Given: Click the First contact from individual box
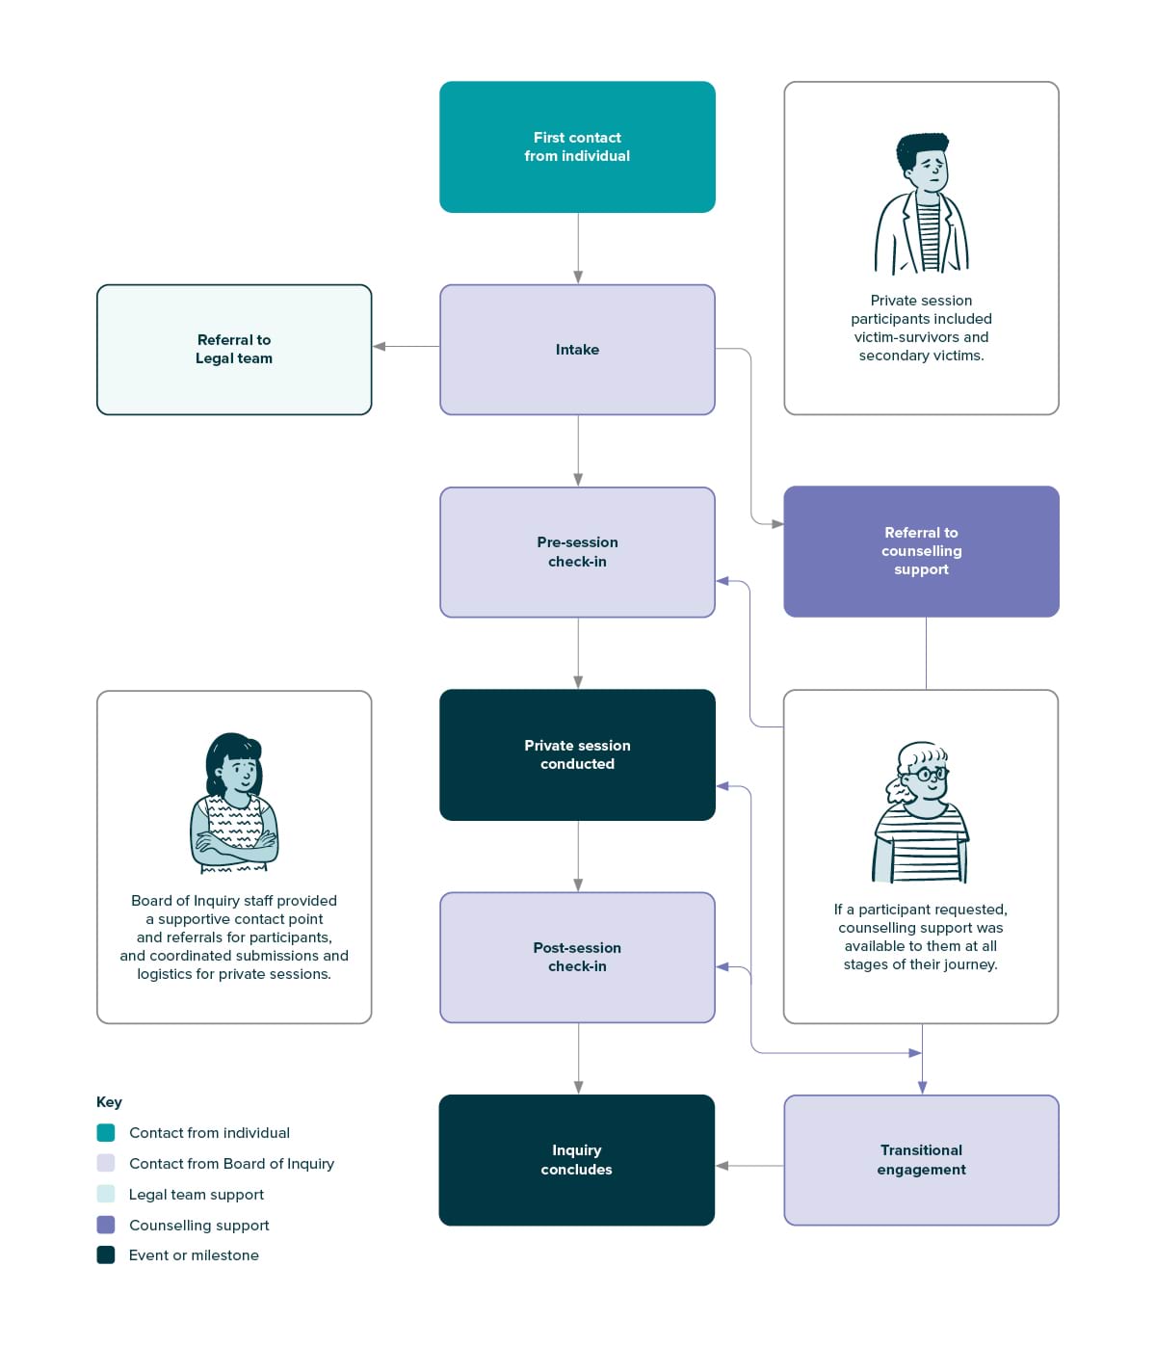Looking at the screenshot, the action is coord(577,146).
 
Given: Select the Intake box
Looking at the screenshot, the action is coord(577,349).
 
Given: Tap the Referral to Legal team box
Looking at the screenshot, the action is coord(234,349).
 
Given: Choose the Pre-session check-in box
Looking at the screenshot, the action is coord(577,551).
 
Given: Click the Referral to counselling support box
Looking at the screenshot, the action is coord(921,551).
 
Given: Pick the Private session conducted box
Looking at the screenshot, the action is coord(577,754).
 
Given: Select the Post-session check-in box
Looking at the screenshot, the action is coord(577,957).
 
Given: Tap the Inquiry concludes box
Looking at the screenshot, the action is coord(576,1160).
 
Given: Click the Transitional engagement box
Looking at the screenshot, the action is coord(921,1160).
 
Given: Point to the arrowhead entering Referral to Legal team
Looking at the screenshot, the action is coord(379,347).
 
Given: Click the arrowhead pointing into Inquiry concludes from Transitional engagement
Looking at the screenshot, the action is coord(722,1166).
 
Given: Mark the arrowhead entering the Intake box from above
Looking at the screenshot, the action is coord(578,277).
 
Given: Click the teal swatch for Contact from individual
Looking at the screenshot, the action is coord(106,1132).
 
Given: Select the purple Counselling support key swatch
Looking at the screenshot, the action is coord(106,1225).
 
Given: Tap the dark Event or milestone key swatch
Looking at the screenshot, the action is coord(106,1254).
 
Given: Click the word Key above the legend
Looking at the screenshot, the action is coord(109,1102).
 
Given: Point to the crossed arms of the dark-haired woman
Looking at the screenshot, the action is coord(234,843).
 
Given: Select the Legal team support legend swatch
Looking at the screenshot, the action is coord(106,1194).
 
